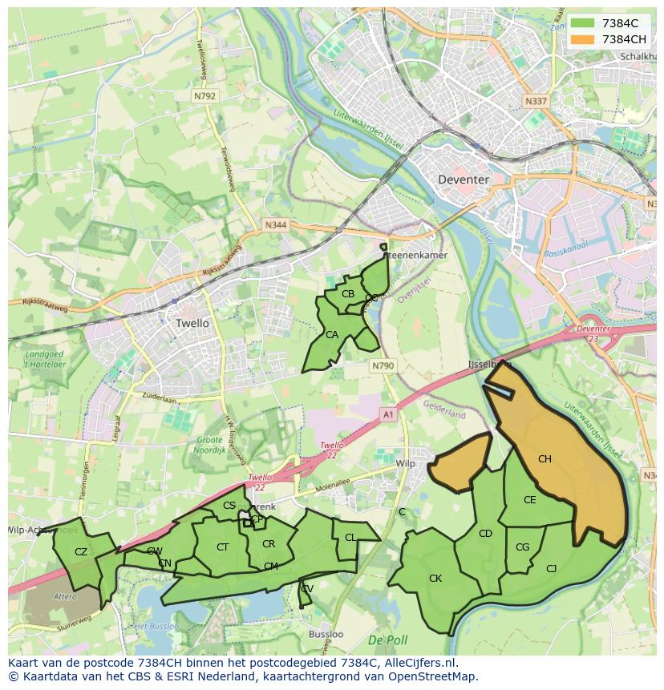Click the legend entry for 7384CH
point(613,39)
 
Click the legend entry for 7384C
point(613,23)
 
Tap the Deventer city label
point(463,180)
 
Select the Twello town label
point(192,323)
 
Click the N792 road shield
point(204,95)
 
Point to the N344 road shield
point(275,226)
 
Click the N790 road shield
point(383,365)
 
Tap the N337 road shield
point(536,102)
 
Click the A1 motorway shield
point(388,414)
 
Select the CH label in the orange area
point(545,459)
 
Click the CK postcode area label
point(435,578)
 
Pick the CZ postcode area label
point(81,551)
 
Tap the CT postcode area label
point(223,547)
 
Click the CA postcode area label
point(332,334)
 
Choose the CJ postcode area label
point(551,568)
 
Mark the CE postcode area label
point(529,500)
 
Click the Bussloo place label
point(326,634)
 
